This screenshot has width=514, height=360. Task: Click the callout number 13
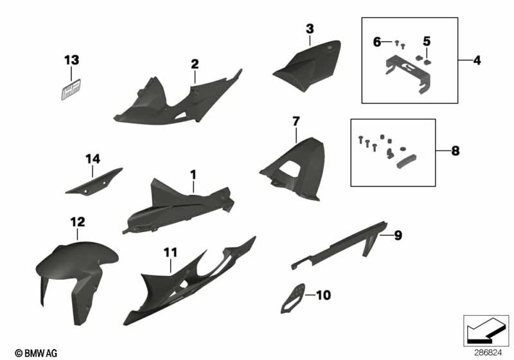[71, 60]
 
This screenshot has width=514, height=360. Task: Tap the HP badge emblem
[71, 89]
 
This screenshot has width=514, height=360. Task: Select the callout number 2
[195, 64]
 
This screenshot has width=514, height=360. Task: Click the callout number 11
[170, 253]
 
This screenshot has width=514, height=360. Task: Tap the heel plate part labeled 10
[293, 298]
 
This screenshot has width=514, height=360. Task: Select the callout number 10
[324, 295]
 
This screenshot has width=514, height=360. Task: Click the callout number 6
[377, 42]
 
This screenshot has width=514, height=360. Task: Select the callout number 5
[427, 41]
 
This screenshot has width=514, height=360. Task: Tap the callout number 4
[477, 60]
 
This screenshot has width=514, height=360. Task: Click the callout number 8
[456, 151]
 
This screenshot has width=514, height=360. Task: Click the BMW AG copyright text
[36, 353]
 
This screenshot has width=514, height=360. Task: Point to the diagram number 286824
[488, 353]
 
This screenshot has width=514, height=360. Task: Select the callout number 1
[193, 175]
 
